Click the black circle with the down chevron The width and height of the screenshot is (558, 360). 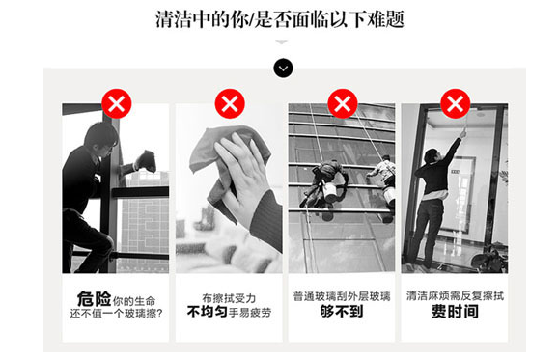(x=283, y=68)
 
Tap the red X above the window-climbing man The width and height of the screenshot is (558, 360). (x=117, y=103)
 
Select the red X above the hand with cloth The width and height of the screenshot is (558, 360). (x=230, y=103)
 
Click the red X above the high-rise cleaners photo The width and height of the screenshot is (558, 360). (x=343, y=103)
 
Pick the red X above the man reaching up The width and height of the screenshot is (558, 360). (x=456, y=103)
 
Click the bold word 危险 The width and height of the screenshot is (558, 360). (x=94, y=299)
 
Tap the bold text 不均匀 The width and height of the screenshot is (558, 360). (x=208, y=312)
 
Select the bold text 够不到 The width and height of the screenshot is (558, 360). (x=342, y=312)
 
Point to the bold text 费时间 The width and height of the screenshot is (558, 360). (x=455, y=312)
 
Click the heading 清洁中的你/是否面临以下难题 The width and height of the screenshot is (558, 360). (x=280, y=19)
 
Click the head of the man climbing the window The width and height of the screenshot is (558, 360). (x=100, y=137)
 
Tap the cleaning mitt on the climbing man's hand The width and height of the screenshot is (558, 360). (x=146, y=161)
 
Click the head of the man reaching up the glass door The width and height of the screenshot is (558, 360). (x=432, y=155)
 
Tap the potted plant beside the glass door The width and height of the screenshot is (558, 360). (x=490, y=259)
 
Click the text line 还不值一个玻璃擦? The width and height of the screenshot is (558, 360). (x=117, y=314)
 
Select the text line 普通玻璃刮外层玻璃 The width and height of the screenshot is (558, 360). (x=342, y=296)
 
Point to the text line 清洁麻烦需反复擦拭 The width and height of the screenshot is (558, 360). (x=455, y=295)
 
